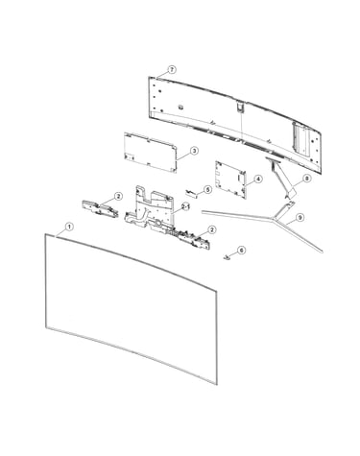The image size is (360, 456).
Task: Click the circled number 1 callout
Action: pos(69,227)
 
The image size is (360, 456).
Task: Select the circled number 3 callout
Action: pos(194,151)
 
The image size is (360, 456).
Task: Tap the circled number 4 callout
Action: pos(258,179)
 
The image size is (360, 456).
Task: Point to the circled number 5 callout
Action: pos(208,190)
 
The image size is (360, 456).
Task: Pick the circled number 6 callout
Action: pos(242,250)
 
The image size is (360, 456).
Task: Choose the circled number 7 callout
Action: pos(172,69)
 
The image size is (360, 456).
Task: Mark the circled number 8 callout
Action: pos(307,179)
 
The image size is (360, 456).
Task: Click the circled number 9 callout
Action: pos(300,218)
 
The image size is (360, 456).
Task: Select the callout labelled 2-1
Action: pos(186,206)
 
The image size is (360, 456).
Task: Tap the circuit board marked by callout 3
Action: pos(150,153)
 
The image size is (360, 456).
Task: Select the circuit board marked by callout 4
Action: pos(230,180)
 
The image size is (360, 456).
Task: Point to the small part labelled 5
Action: pos(192,193)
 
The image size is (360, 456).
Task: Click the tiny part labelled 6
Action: pos(227,257)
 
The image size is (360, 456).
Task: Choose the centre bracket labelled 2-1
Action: pos(151,209)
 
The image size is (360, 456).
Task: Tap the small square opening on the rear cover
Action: pos(180,106)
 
